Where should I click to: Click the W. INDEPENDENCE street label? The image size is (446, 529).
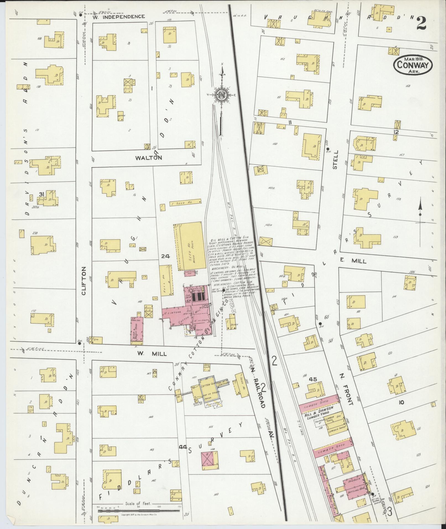pyautogui.click(x=119, y=17)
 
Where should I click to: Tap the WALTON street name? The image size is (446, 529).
pyautogui.click(x=148, y=158)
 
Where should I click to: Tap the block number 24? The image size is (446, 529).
pyautogui.click(x=165, y=256)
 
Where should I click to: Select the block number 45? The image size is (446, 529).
pyautogui.click(x=313, y=379)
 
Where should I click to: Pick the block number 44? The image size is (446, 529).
pyautogui.click(x=182, y=447)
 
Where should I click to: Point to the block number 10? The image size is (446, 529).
pyautogui.click(x=401, y=402)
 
